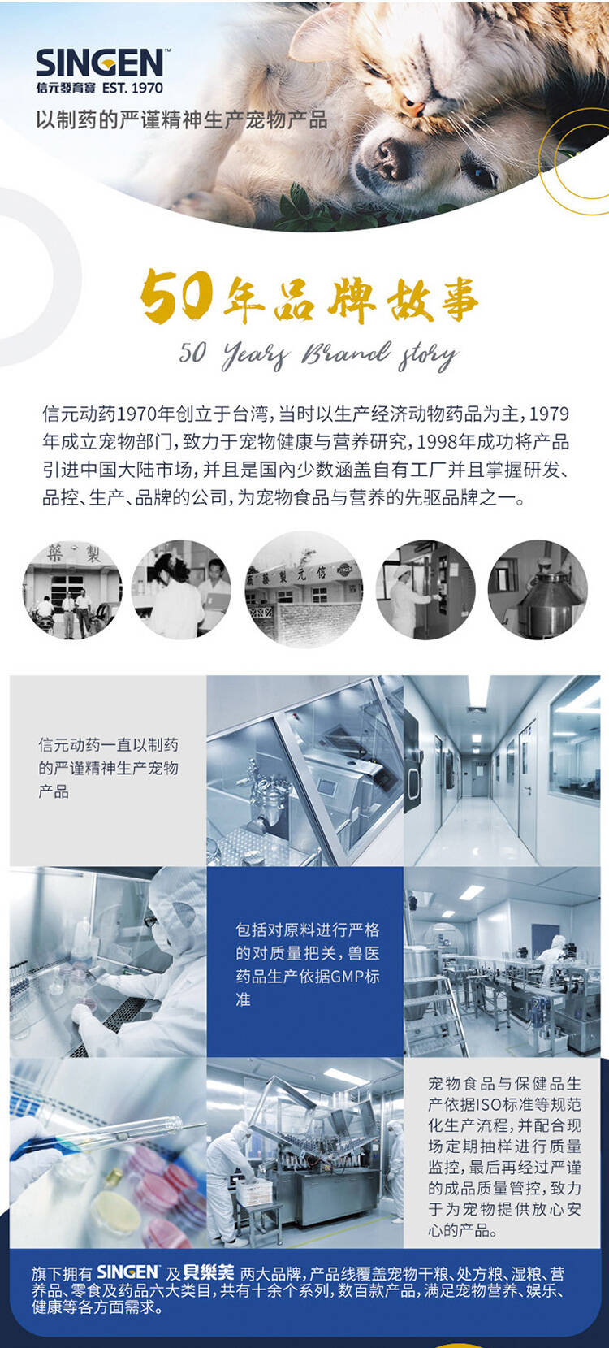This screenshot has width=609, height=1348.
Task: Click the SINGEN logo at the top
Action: (99, 63)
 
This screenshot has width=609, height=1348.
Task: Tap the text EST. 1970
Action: (132, 88)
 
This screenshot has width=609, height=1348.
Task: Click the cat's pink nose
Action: (412, 108)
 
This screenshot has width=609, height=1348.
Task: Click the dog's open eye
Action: (481, 175)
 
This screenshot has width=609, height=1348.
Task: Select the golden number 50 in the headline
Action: (175, 295)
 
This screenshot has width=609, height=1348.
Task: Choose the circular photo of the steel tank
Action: (538, 590)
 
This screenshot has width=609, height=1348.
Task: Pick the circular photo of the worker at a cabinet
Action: (425, 590)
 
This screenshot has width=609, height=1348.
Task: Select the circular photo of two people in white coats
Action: (181, 590)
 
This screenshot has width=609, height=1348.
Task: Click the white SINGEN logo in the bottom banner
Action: (127, 1272)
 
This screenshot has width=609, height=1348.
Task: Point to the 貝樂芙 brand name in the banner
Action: (208, 1272)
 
